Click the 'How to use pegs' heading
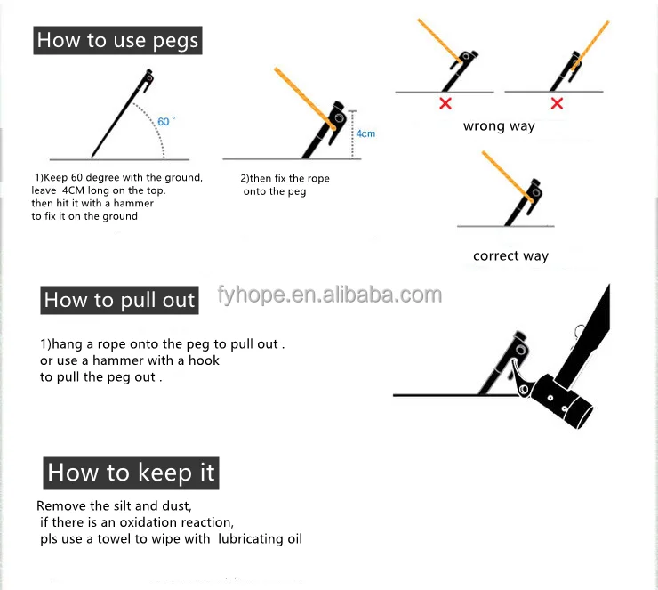coord(117,41)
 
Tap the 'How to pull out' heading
coord(119,301)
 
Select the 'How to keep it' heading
coord(131,472)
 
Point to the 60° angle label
coord(165,119)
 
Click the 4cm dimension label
coord(365,133)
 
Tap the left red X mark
coord(445,103)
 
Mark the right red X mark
coord(557,103)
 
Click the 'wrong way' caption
coord(499,126)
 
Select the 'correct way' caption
coord(510,256)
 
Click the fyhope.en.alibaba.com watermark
coord(329,295)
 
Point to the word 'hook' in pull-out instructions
coord(205,360)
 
